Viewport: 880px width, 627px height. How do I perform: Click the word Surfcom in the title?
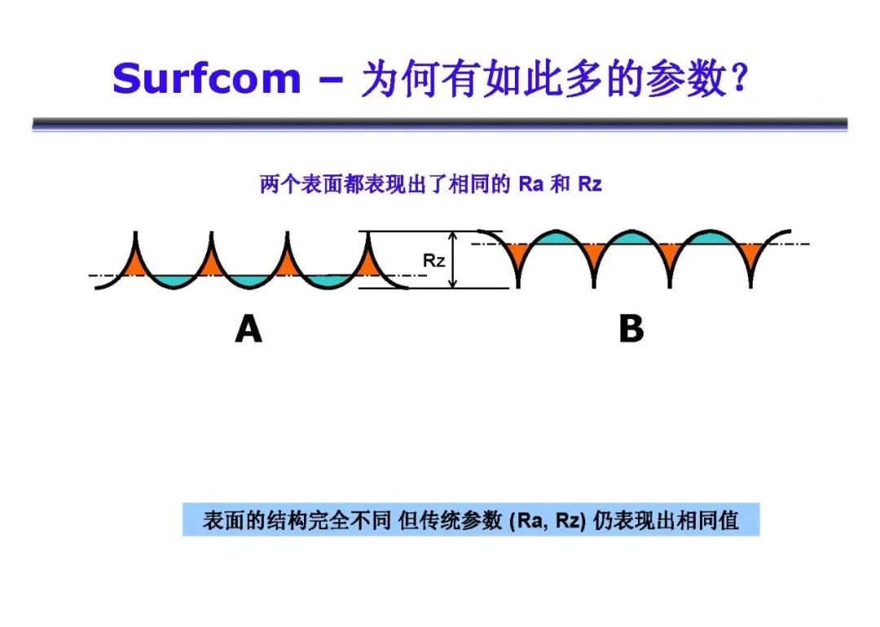pyautogui.click(x=206, y=79)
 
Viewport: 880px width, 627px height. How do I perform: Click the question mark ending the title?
pyautogui.click(x=739, y=80)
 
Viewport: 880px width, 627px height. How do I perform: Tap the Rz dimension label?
pyautogui.click(x=433, y=261)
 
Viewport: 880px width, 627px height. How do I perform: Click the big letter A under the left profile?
pyautogui.click(x=249, y=330)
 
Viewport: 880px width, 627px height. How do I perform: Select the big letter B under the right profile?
pyautogui.click(x=631, y=330)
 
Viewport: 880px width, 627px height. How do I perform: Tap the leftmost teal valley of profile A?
pyautogui.click(x=173, y=280)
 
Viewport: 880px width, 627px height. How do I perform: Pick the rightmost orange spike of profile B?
pyautogui.click(x=750, y=254)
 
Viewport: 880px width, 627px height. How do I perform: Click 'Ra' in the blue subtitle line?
pyautogui.click(x=530, y=184)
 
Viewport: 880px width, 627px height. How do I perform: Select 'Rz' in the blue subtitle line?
pyautogui.click(x=589, y=184)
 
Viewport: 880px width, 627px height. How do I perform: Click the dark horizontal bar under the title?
pyautogui.click(x=440, y=124)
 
